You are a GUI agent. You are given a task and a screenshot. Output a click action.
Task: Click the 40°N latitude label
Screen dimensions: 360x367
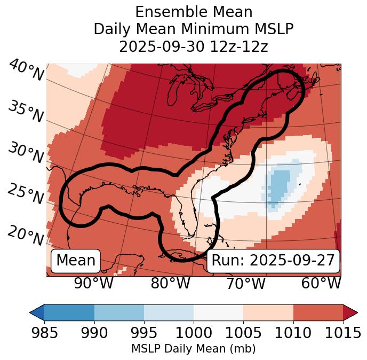point(26,71)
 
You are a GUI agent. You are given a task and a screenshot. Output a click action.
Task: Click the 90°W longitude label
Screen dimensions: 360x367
point(93,283)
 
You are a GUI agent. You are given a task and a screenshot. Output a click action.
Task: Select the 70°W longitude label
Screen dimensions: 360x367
point(245,283)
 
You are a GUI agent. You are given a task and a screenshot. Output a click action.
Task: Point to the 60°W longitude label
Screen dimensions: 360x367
point(321,283)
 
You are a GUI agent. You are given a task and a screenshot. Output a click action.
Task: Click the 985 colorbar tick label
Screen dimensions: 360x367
point(45,333)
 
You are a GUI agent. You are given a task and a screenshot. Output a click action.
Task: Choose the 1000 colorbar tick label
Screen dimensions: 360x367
point(194,333)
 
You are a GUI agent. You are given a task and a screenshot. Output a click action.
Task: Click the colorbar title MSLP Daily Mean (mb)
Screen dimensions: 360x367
point(194,349)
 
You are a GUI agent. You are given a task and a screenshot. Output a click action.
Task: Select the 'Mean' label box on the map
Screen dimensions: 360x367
point(76,261)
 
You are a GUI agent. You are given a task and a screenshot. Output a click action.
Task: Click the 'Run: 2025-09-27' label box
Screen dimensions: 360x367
point(273,261)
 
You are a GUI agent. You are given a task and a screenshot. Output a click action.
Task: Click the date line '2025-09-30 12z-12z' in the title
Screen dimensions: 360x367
point(194,46)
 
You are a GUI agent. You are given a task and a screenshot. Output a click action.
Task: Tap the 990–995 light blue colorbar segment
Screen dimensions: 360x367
point(119,312)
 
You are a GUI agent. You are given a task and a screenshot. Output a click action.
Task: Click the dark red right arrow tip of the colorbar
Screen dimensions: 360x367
point(350,312)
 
